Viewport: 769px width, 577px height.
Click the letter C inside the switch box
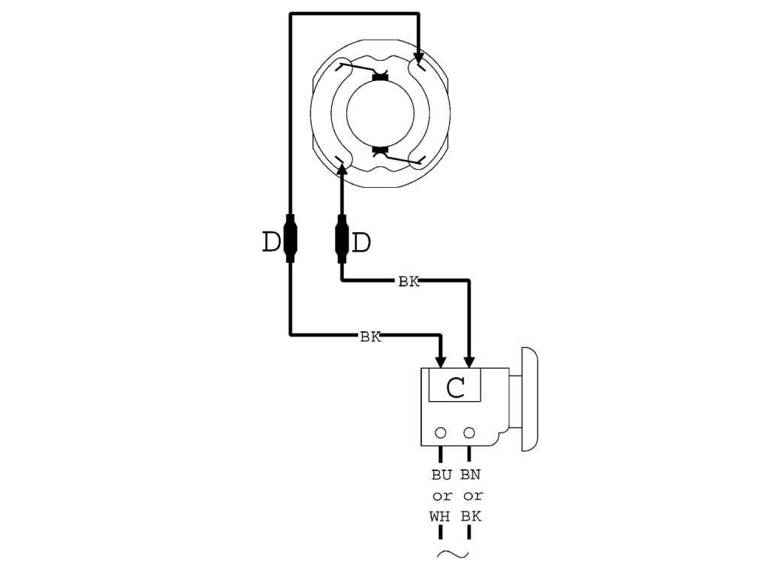pyautogui.click(x=456, y=388)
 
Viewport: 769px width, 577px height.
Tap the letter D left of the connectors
pyautogui.click(x=270, y=242)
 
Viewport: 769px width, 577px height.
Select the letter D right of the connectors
pyautogui.click(x=362, y=242)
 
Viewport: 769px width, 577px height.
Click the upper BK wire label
pyautogui.click(x=409, y=282)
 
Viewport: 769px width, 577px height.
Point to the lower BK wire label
pyautogui.click(x=370, y=337)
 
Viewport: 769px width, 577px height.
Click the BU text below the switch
pyautogui.click(x=442, y=475)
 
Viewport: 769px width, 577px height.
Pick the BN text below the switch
pyautogui.click(x=472, y=475)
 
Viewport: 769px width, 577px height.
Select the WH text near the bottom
pyautogui.click(x=442, y=518)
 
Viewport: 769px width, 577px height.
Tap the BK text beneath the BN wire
pyautogui.click(x=472, y=518)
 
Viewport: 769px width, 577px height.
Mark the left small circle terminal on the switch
pyautogui.click(x=441, y=433)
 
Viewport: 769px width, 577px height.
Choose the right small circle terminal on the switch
pyautogui.click(x=470, y=433)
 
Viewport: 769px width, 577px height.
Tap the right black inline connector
pyautogui.click(x=342, y=237)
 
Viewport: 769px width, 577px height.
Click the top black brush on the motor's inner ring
pyautogui.click(x=381, y=77)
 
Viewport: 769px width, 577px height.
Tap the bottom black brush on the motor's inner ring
pyautogui.click(x=381, y=151)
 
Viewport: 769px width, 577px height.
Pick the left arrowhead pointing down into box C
pyautogui.click(x=441, y=361)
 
